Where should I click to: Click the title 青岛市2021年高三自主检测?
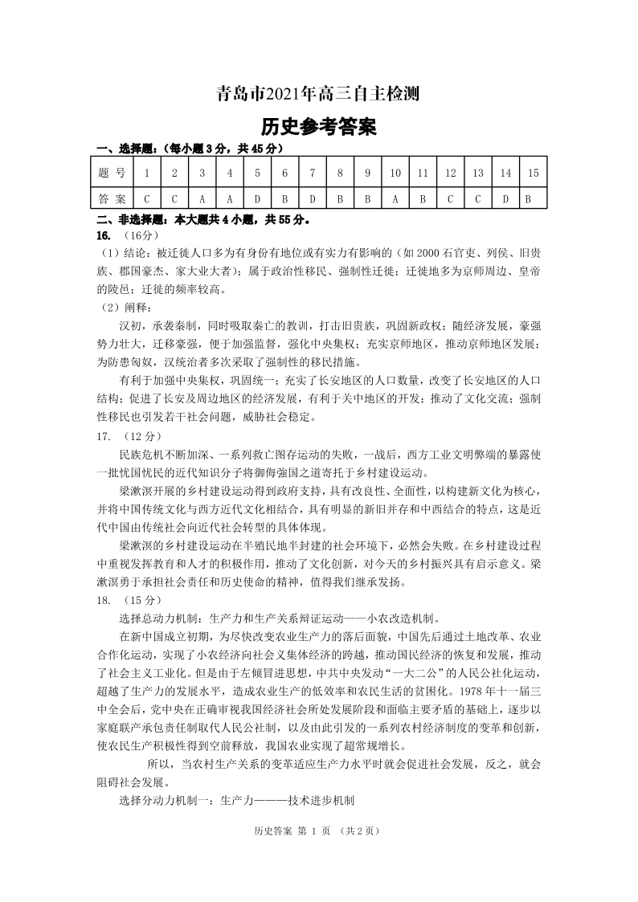click(318, 94)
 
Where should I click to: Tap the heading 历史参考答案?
click(318, 127)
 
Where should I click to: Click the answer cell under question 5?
click(257, 198)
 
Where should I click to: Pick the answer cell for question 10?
click(395, 198)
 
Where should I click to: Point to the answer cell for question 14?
click(505, 198)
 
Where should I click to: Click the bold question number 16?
click(103, 235)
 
